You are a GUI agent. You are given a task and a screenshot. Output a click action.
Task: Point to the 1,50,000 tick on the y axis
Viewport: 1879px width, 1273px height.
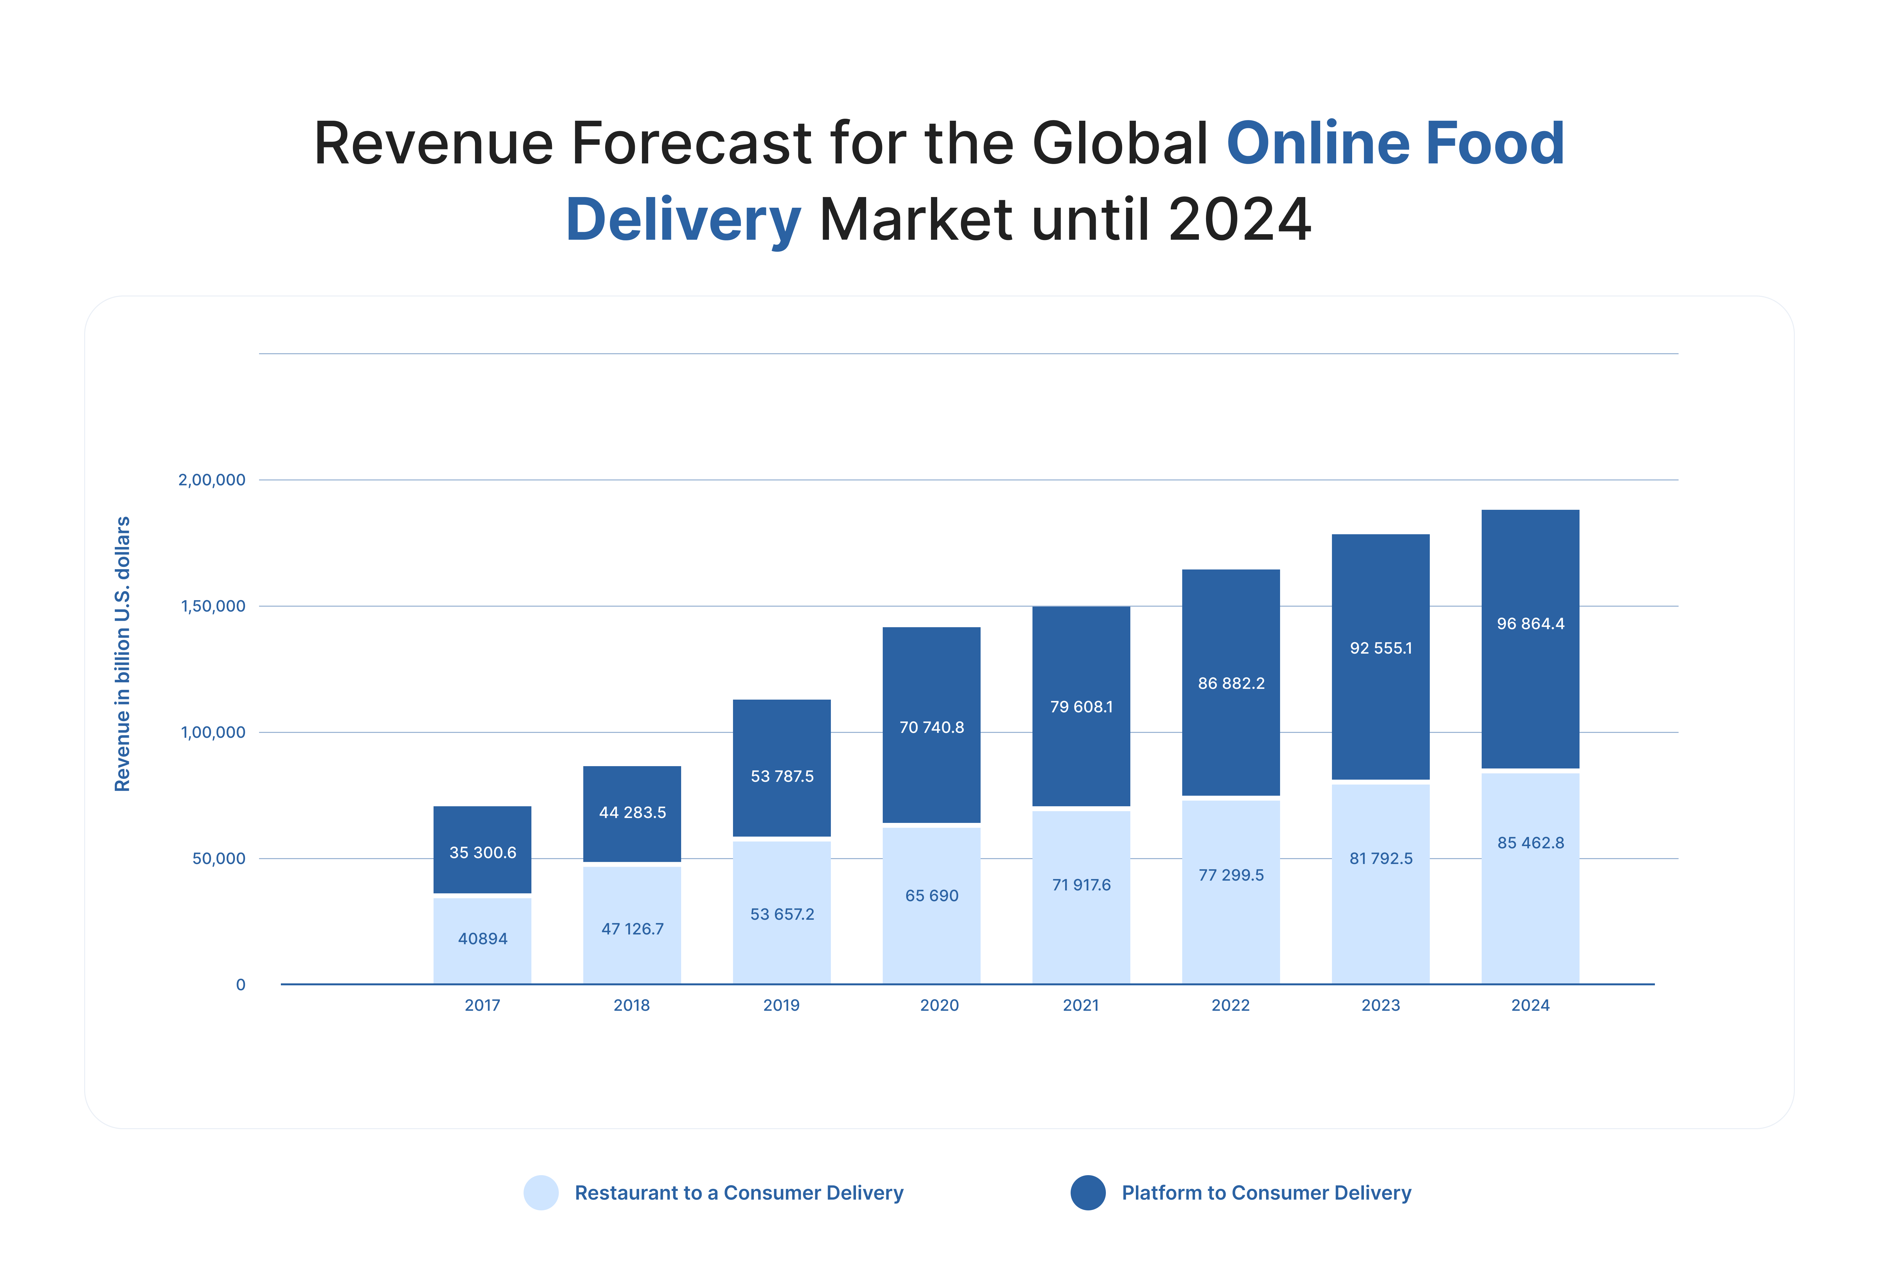click(x=213, y=606)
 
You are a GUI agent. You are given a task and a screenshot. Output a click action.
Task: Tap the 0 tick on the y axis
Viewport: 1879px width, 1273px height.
click(x=240, y=984)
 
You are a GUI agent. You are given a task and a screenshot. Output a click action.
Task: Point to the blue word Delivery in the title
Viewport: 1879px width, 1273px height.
click(x=683, y=220)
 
